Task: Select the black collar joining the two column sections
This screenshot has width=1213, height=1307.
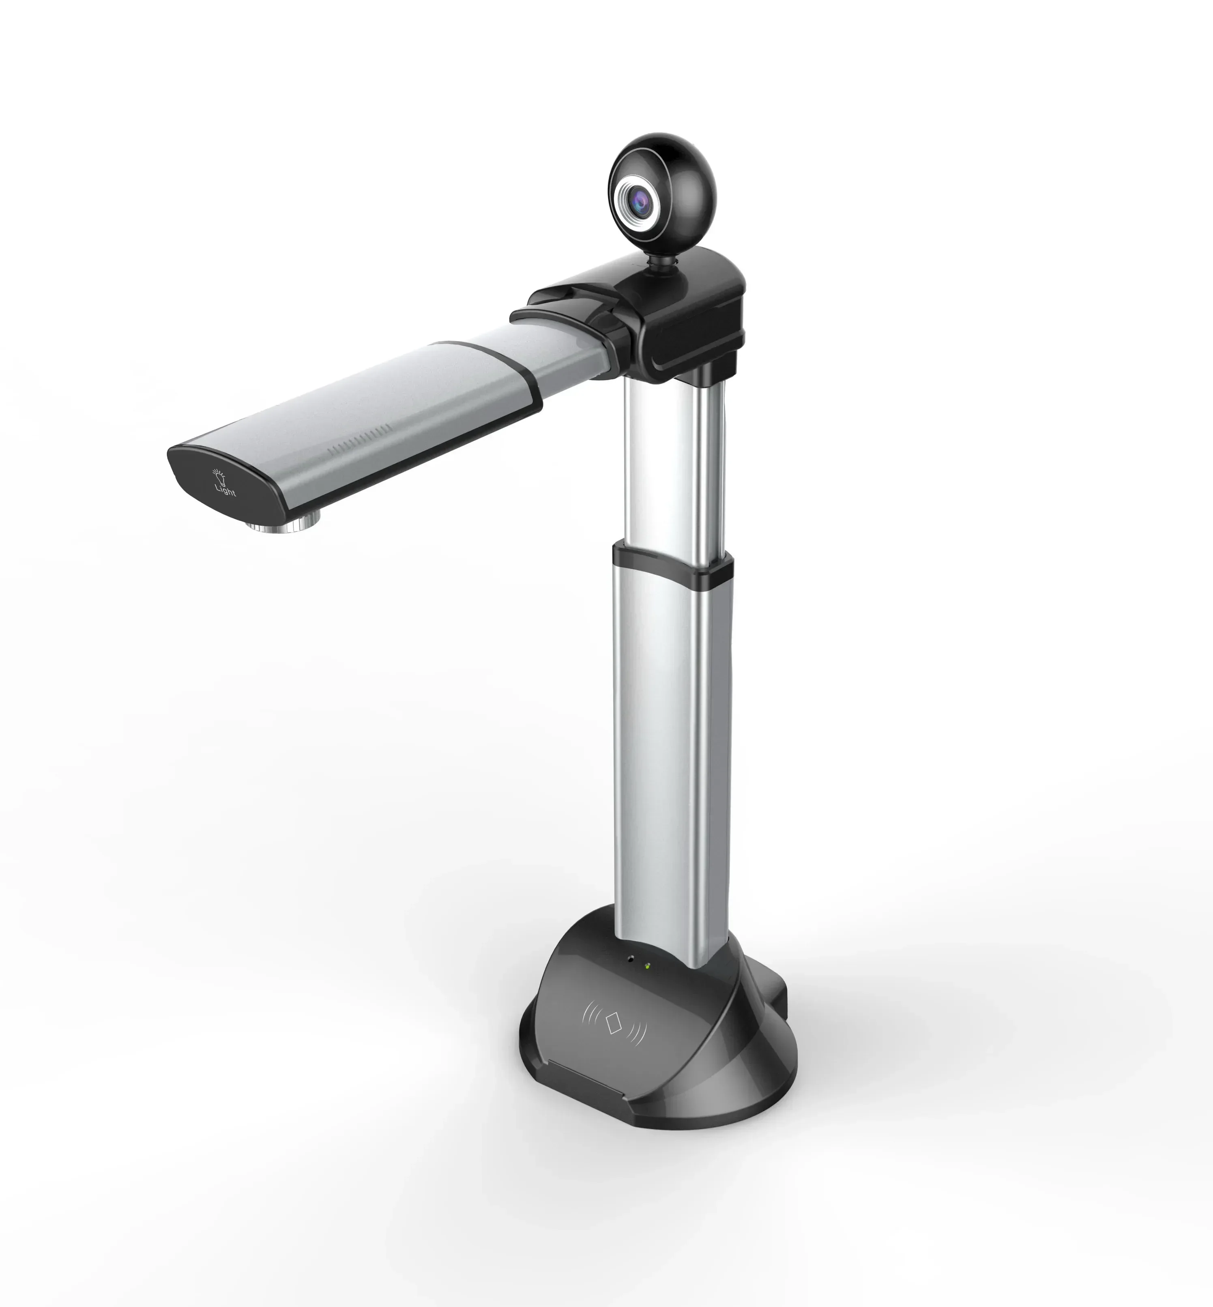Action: click(x=673, y=563)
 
